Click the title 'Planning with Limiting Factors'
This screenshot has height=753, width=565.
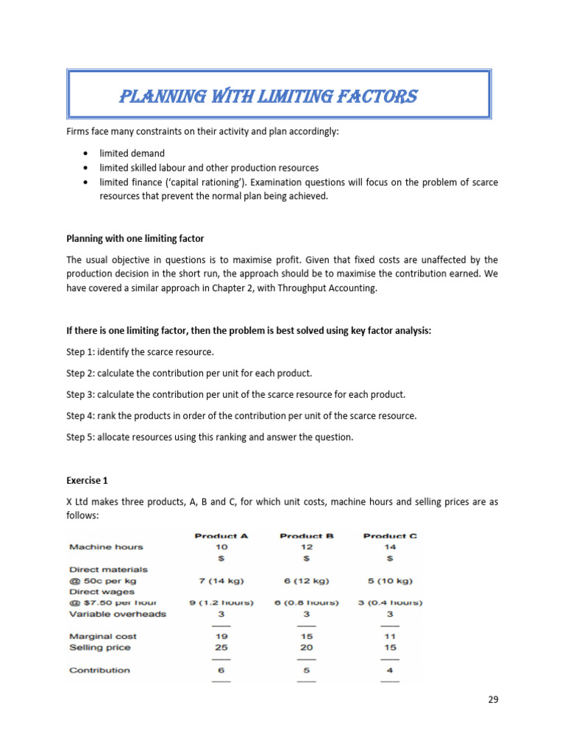click(x=268, y=96)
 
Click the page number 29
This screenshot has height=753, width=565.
click(x=493, y=699)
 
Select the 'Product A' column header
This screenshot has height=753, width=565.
click(x=221, y=535)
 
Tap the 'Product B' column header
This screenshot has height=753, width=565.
click(x=307, y=535)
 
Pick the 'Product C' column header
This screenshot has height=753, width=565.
click(x=390, y=535)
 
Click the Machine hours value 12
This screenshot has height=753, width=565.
click(x=307, y=547)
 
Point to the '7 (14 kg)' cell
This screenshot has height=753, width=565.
click(x=221, y=580)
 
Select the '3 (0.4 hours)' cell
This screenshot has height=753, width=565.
click(x=390, y=602)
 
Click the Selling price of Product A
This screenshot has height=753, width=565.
click(x=221, y=647)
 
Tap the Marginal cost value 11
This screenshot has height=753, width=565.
click(x=390, y=636)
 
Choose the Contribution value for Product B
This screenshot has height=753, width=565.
click(x=307, y=670)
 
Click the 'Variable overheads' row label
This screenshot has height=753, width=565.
click(x=118, y=613)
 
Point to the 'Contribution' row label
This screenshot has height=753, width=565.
click(x=99, y=670)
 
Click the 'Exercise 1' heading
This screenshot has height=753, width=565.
click(x=87, y=480)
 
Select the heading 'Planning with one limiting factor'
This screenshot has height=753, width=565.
click(x=135, y=238)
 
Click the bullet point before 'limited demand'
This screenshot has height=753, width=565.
click(x=86, y=154)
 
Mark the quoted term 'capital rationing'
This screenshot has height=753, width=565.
click(x=193, y=182)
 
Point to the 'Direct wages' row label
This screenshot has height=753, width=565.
click(x=99, y=591)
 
